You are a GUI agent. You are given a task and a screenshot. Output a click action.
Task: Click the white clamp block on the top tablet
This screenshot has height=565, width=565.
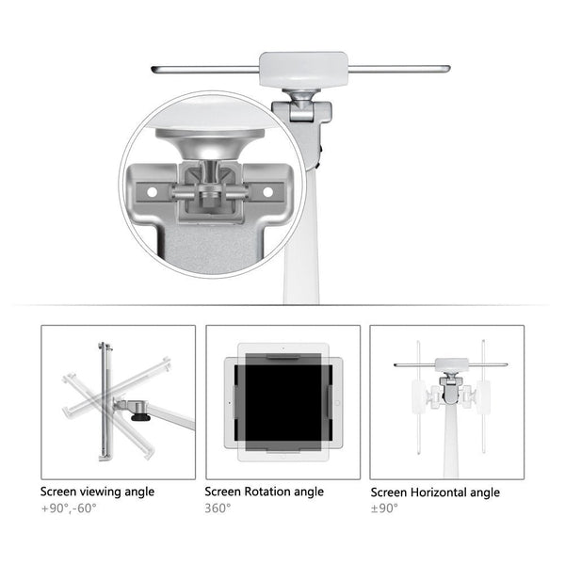(x=296, y=68)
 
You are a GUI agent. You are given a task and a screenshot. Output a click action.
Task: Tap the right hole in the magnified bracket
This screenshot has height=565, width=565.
(x=267, y=191)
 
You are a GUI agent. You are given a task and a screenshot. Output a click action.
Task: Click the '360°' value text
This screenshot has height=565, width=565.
(x=218, y=508)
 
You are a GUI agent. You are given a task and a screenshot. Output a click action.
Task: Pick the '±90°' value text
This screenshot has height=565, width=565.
(x=384, y=508)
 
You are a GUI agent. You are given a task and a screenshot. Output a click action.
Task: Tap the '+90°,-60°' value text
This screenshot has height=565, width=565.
(x=68, y=508)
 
